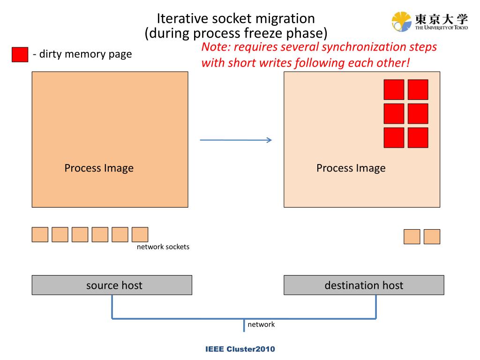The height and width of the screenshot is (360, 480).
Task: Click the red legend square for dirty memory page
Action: pyautogui.click(x=20, y=54)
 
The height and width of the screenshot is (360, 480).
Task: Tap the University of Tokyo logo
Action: pyautogui.click(x=429, y=22)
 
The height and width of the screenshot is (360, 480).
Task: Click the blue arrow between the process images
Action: pyautogui.click(x=236, y=140)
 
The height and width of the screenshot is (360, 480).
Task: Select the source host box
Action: pyautogui.click(x=112, y=285)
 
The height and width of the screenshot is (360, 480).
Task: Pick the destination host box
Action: pyautogui.click(x=364, y=285)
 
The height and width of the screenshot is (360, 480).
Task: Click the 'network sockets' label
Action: pyautogui.click(x=163, y=247)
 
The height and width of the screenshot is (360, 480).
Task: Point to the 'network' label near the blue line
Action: pyautogui.click(x=261, y=324)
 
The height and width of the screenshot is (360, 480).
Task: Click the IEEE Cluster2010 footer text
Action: pyautogui.click(x=240, y=349)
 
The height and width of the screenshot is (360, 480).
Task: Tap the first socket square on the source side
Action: pyautogui.click(x=40, y=234)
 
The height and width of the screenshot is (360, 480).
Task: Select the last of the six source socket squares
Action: pyautogui.click(x=140, y=234)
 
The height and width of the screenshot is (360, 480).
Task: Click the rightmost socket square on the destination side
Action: pyautogui.click(x=432, y=237)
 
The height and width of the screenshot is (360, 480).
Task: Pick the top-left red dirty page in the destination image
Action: pyautogui.click(x=394, y=90)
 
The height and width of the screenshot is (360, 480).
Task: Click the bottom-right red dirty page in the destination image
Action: pyautogui.click(x=418, y=138)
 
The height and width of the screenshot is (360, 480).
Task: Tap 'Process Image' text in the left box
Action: pyautogui.click(x=99, y=168)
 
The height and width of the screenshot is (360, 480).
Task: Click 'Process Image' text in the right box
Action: pyautogui.click(x=351, y=168)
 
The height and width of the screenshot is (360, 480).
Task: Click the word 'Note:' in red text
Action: pyautogui.click(x=216, y=47)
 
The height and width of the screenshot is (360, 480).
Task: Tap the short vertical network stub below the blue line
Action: pyautogui.click(x=244, y=325)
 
